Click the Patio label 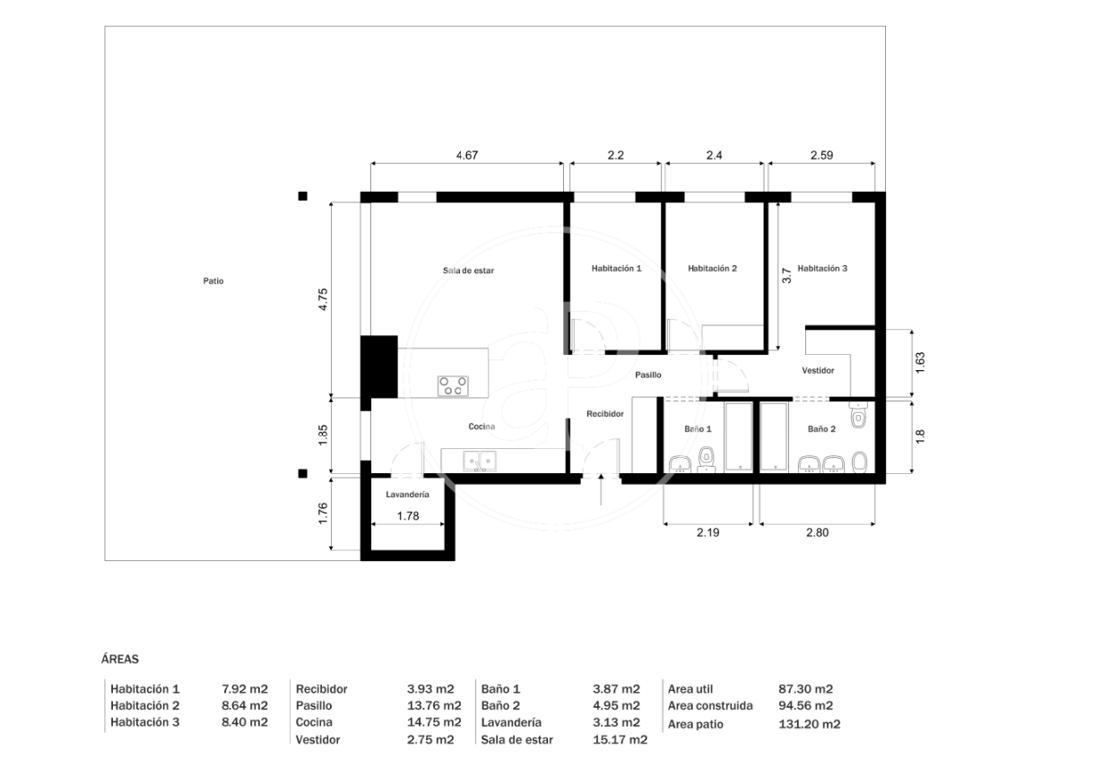213,281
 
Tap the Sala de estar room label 468,271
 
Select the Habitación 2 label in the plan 712,268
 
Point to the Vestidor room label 818,370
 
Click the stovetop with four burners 453,386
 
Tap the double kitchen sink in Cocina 480,461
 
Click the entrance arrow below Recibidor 601,489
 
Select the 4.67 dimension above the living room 467,155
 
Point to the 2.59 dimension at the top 822,155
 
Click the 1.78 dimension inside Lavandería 408,516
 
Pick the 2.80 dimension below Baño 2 818,532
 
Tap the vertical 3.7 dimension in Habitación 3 786,276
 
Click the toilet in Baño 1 707,460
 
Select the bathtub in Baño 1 739,436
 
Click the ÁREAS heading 120,660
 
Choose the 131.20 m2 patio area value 810,724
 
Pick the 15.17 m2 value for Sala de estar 620,739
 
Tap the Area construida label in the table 710,705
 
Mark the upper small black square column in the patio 302,196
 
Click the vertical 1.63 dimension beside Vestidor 920,363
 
